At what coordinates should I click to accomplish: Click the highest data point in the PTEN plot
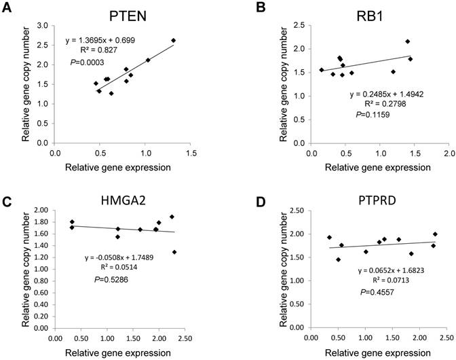point(174,41)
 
